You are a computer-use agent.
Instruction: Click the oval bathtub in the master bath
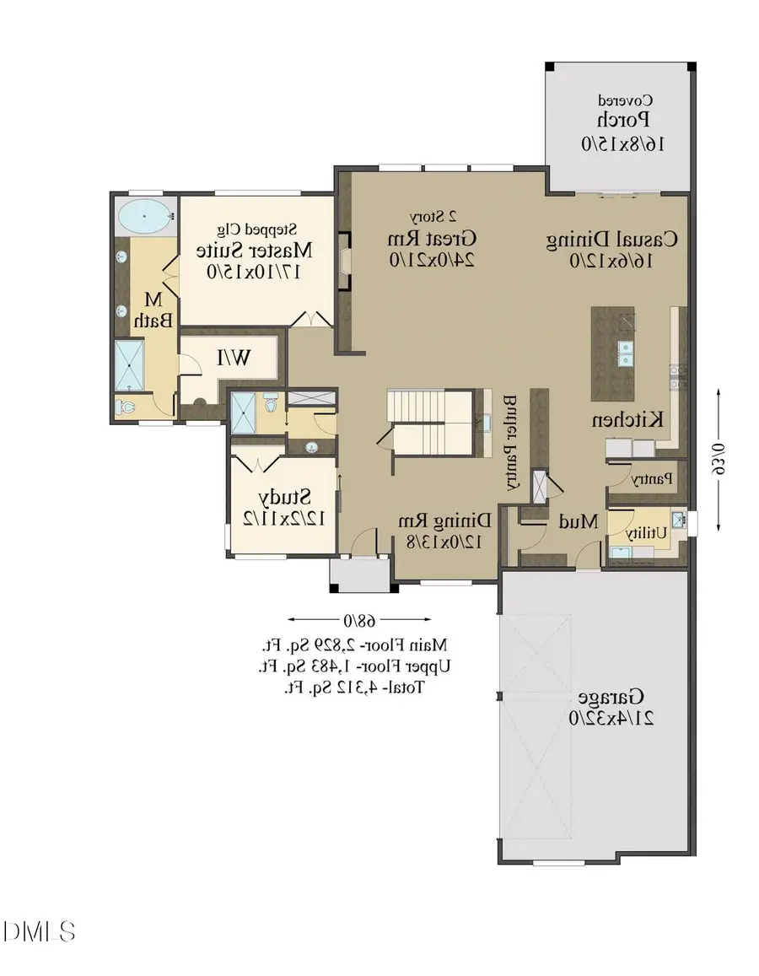click(x=144, y=217)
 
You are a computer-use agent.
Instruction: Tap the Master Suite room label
click(x=254, y=251)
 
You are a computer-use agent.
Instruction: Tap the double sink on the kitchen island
click(x=626, y=353)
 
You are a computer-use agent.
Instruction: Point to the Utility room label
click(x=648, y=532)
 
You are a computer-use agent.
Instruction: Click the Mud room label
click(x=579, y=521)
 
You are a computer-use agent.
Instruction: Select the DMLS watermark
click(x=40, y=931)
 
